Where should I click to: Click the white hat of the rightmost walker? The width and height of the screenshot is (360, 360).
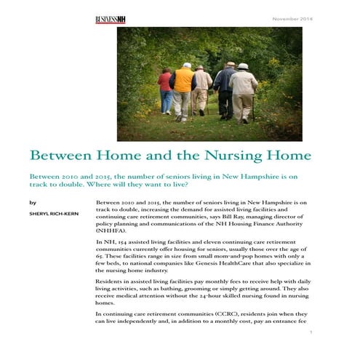[x=243, y=67]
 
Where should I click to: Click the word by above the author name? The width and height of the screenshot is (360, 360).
[x=31, y=201]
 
